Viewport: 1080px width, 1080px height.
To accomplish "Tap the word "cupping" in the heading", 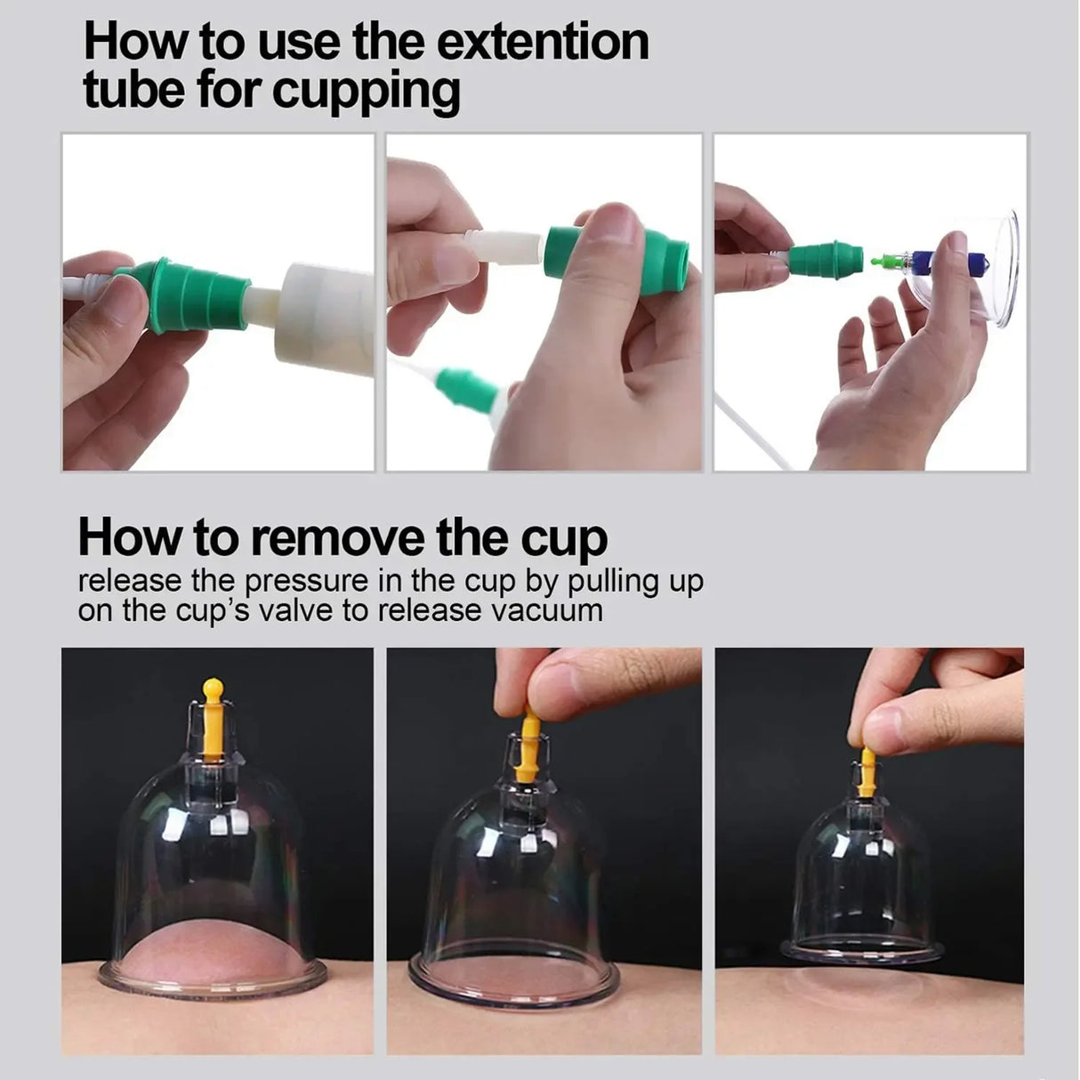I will (x=367, y=92).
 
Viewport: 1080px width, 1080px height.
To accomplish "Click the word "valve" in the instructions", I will (x=315, y=610).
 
